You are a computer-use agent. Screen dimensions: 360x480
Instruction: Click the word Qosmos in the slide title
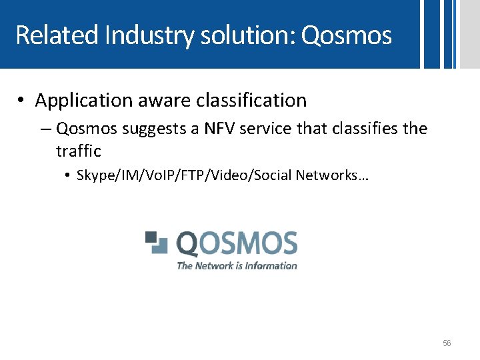point(346,35)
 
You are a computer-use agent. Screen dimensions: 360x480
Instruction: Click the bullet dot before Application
point(22,101)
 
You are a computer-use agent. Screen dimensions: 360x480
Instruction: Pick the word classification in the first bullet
point(251,101)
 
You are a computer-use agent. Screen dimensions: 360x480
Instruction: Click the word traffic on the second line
point(78,151)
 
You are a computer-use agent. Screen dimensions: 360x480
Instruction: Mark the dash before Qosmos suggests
point(48,128)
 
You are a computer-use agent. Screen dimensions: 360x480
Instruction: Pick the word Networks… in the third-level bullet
point(336,175)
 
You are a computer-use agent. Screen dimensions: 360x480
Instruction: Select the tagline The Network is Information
point(237,265)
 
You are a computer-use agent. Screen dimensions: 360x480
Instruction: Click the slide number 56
point(447,343)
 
